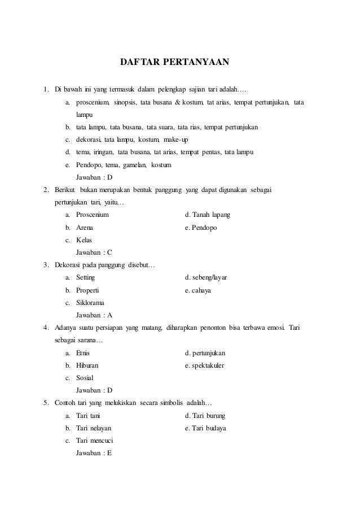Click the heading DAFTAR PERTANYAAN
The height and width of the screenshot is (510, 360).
tap(175, 61)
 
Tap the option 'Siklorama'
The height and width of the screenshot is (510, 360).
tap(91, 303)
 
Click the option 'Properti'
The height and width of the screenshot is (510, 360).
tap(87, 290)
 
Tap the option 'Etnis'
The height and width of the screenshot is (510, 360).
tap(83, 353)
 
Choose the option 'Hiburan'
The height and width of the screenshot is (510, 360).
tap(87, 365)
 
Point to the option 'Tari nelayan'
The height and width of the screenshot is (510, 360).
tap(94, 428)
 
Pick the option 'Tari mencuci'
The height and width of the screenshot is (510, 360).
tap(95, 441)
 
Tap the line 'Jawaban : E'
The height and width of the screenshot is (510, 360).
tap(94, 453)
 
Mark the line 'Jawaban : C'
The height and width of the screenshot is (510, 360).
tap(94, 252)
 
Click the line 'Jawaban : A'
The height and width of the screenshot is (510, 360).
tap(94, 315)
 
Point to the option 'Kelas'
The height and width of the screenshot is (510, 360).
tap(84, 240)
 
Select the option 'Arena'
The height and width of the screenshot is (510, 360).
tap(85, 228)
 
